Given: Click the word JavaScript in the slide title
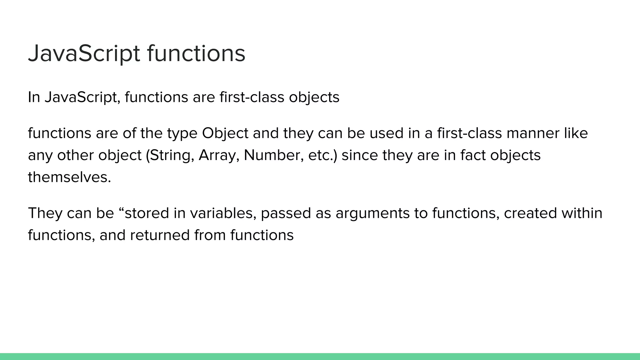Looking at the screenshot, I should click(x=84, y=53).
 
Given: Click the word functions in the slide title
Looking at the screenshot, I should click(x=196, y=53).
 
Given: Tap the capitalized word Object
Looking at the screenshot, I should click(x=225, y=133).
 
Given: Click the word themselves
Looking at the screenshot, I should click(x=69, y=177).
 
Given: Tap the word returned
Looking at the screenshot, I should click(x=159, y=235).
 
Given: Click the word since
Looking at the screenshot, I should click(x=359, y=155).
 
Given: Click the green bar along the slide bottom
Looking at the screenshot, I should click(x=320, y=356).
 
